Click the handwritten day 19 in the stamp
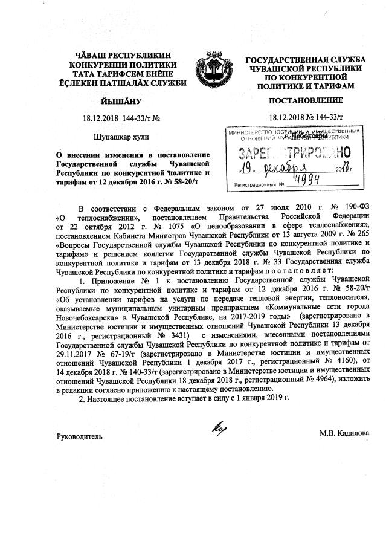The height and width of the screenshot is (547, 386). (x=240, y=167)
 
